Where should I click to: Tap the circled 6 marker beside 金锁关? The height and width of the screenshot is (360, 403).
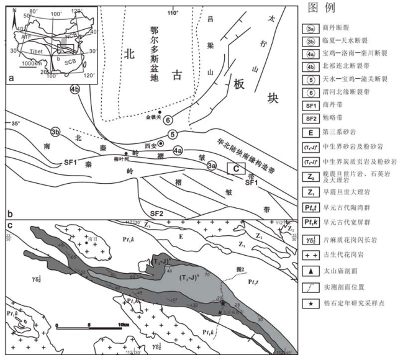click(x=167, y=120)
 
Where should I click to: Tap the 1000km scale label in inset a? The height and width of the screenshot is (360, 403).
click(x=30, y=63)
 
